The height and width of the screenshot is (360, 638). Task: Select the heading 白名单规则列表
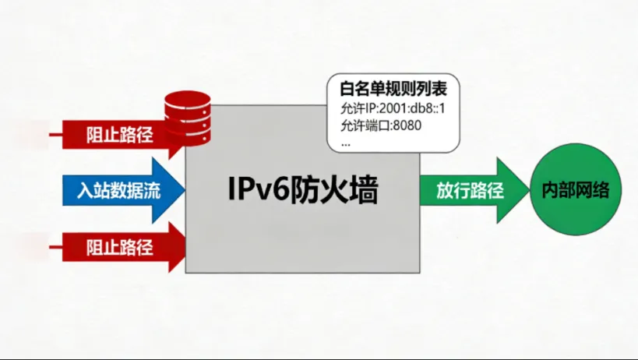pos(394,87)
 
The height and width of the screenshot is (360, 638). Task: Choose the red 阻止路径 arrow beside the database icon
pos(117,136)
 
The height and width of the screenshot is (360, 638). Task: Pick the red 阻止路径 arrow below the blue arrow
pos(117,248)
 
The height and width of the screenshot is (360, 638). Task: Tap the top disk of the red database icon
pos(187,99)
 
